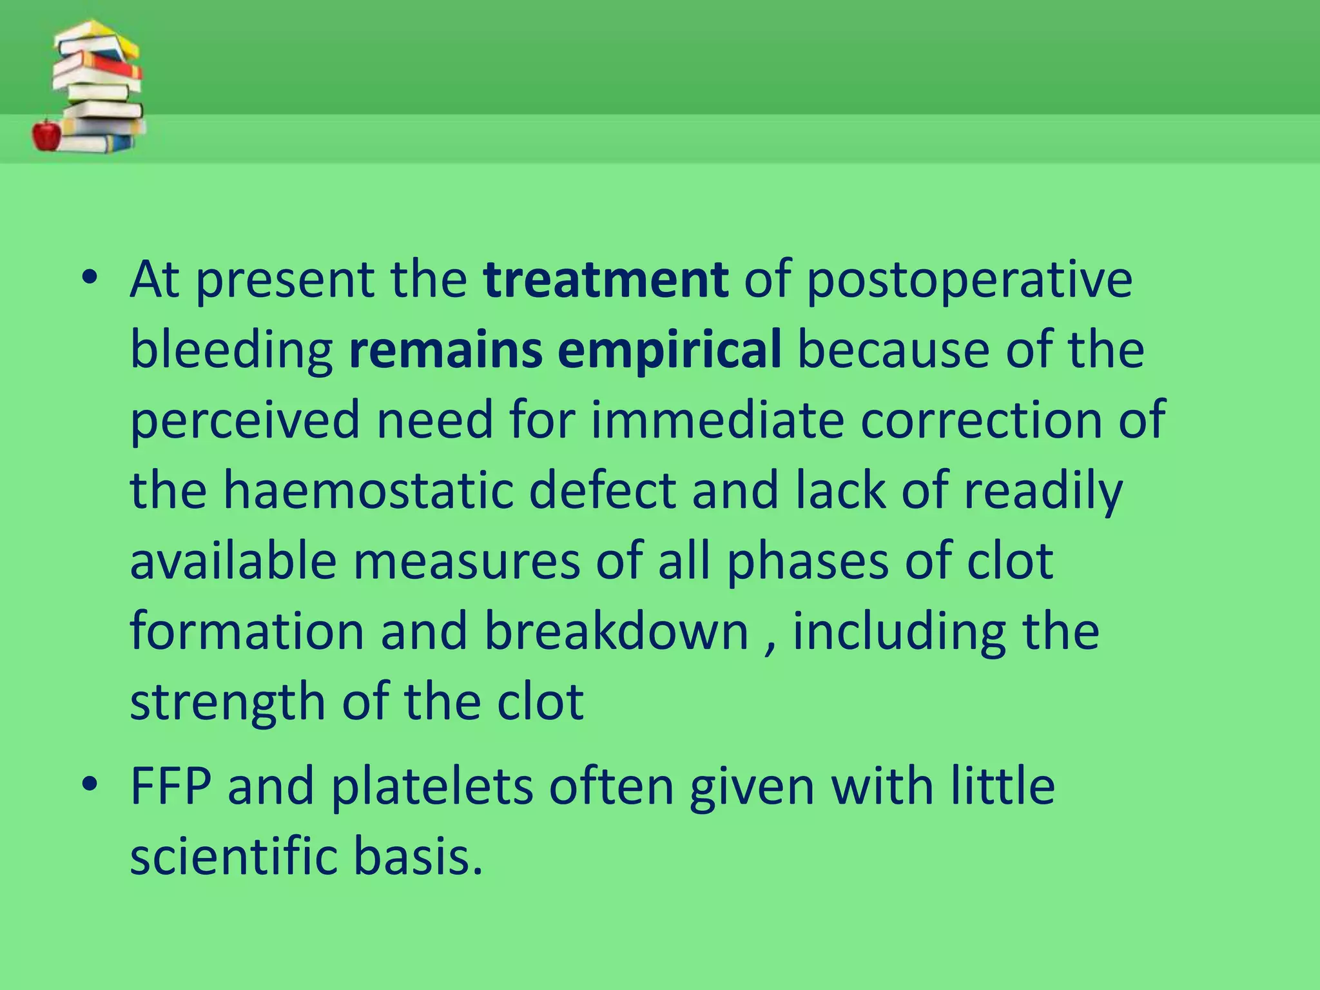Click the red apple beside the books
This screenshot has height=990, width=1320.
46,135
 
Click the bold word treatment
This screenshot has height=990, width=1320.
607,280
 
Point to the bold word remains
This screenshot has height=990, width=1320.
445,350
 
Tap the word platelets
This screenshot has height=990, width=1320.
432,788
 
